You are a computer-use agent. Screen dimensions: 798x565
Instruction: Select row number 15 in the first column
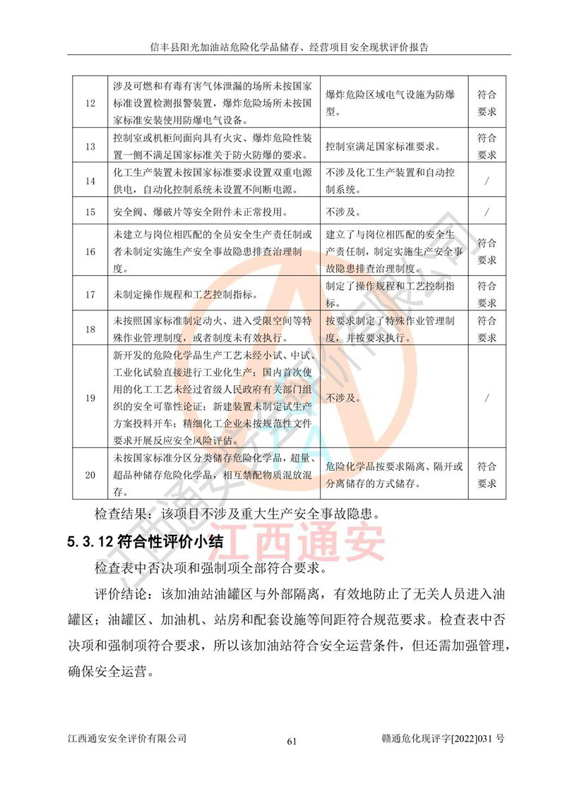pos(90,212)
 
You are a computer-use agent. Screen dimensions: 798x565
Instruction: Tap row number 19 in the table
pos(90,398)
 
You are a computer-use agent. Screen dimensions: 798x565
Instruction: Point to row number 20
pos(90,475)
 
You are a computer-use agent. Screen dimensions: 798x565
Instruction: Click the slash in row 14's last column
pos(487,181)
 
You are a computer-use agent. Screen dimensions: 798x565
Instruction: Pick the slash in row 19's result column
pos(487,398)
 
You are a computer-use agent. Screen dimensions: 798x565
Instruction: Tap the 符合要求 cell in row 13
pos(487,147)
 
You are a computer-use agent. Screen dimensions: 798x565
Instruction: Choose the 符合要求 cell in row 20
pos(487,475)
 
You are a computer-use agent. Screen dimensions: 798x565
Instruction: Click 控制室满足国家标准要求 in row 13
pos(382,147)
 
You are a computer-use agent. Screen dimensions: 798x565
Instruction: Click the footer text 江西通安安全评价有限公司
pos(127,739)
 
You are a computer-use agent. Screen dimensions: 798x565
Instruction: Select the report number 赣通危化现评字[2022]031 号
pos(442,739)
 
